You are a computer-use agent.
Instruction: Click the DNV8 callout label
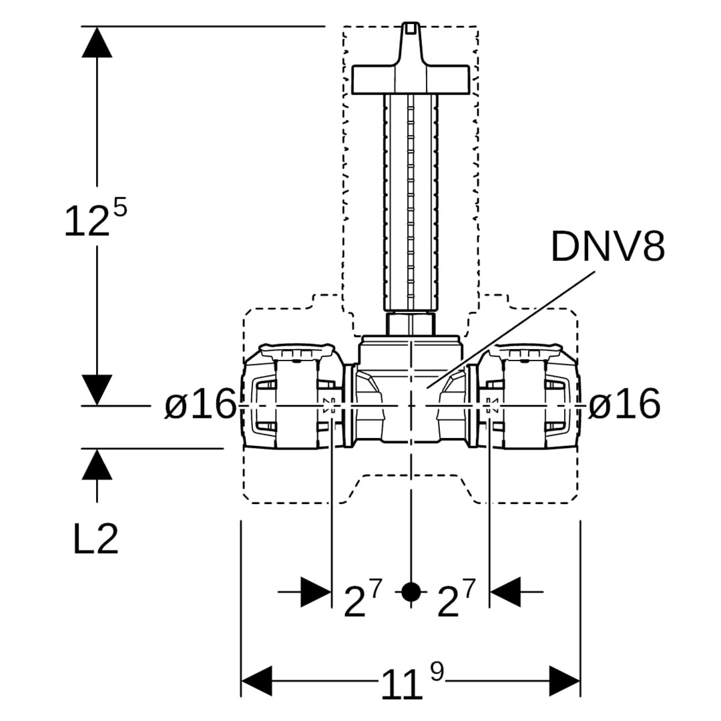[608, 246]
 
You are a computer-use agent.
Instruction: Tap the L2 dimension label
[95, 540]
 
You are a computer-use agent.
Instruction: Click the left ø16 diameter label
[201, 404]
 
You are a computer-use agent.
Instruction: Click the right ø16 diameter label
[624, 404]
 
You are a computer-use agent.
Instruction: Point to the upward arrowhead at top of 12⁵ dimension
[97, 41]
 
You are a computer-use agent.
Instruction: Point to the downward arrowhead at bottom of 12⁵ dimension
[97, 389]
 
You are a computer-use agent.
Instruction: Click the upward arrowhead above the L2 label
[97, 464]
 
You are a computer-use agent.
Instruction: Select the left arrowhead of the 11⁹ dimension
[256, 681]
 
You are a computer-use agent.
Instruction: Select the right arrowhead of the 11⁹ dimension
[564, 681]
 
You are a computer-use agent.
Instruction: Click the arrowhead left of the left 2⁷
[316, 591]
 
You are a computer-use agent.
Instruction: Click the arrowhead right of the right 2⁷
[505, 591]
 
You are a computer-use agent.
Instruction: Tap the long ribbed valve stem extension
[411, 200]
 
